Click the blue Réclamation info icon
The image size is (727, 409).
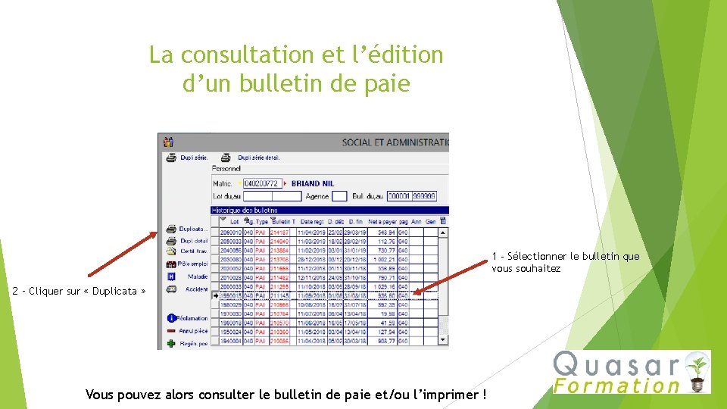pyautogui.click(x=172, y=318)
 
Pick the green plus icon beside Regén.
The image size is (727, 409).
pyautogui.click(x=172, y=343)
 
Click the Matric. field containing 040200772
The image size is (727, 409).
pyautogui.click(x=261, y=183)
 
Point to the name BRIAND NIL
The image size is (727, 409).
pyautogui.click(x=313, y=183)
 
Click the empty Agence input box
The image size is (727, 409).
pyautogui.click(x=339, y=196)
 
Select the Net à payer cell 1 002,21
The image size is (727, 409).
pyautogui.click(x=383, y=259)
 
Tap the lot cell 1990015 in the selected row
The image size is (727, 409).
pyautogui.click(x=231, y=296)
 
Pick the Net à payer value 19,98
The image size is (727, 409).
pyautogui.click(x=386, y=314)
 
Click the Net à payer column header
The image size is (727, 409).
pyautogui.click(x=382, y=221)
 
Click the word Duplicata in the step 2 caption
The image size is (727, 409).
pyautogui.click(x=114, y=291)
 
